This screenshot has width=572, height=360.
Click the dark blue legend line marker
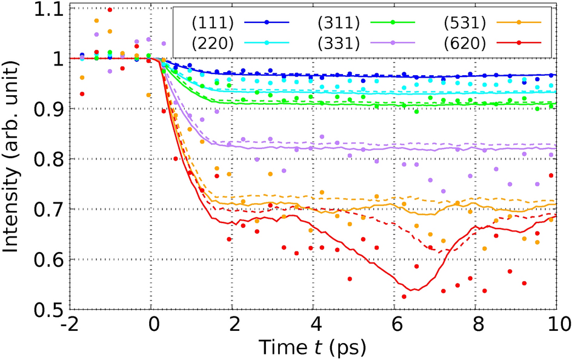[x=267, y=22]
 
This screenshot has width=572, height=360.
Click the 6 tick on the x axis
[x=394, y=325]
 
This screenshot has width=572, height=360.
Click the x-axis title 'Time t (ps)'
[x=312, y=347]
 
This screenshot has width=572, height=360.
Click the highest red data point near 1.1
[x=110, y=10]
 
